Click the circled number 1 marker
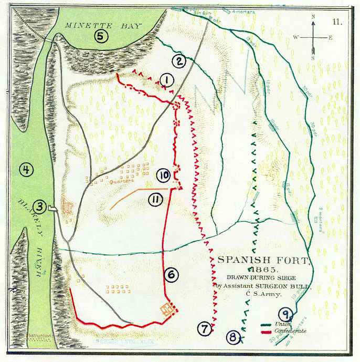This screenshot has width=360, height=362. (x=167, y=80)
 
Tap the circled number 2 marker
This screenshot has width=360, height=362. (x=179, y=61)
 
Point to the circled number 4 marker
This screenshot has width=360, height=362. (x=24, y=169)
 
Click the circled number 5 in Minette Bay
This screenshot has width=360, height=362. (x=101, y=36)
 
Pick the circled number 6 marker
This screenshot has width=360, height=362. (x=171, y=273)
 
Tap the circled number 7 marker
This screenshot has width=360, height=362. (x=205, y=329)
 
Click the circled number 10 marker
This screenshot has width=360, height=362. (x=163, y=175)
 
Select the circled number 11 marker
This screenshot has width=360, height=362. (x=154, y=198)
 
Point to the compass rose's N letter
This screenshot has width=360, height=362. (x=313, y=17)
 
